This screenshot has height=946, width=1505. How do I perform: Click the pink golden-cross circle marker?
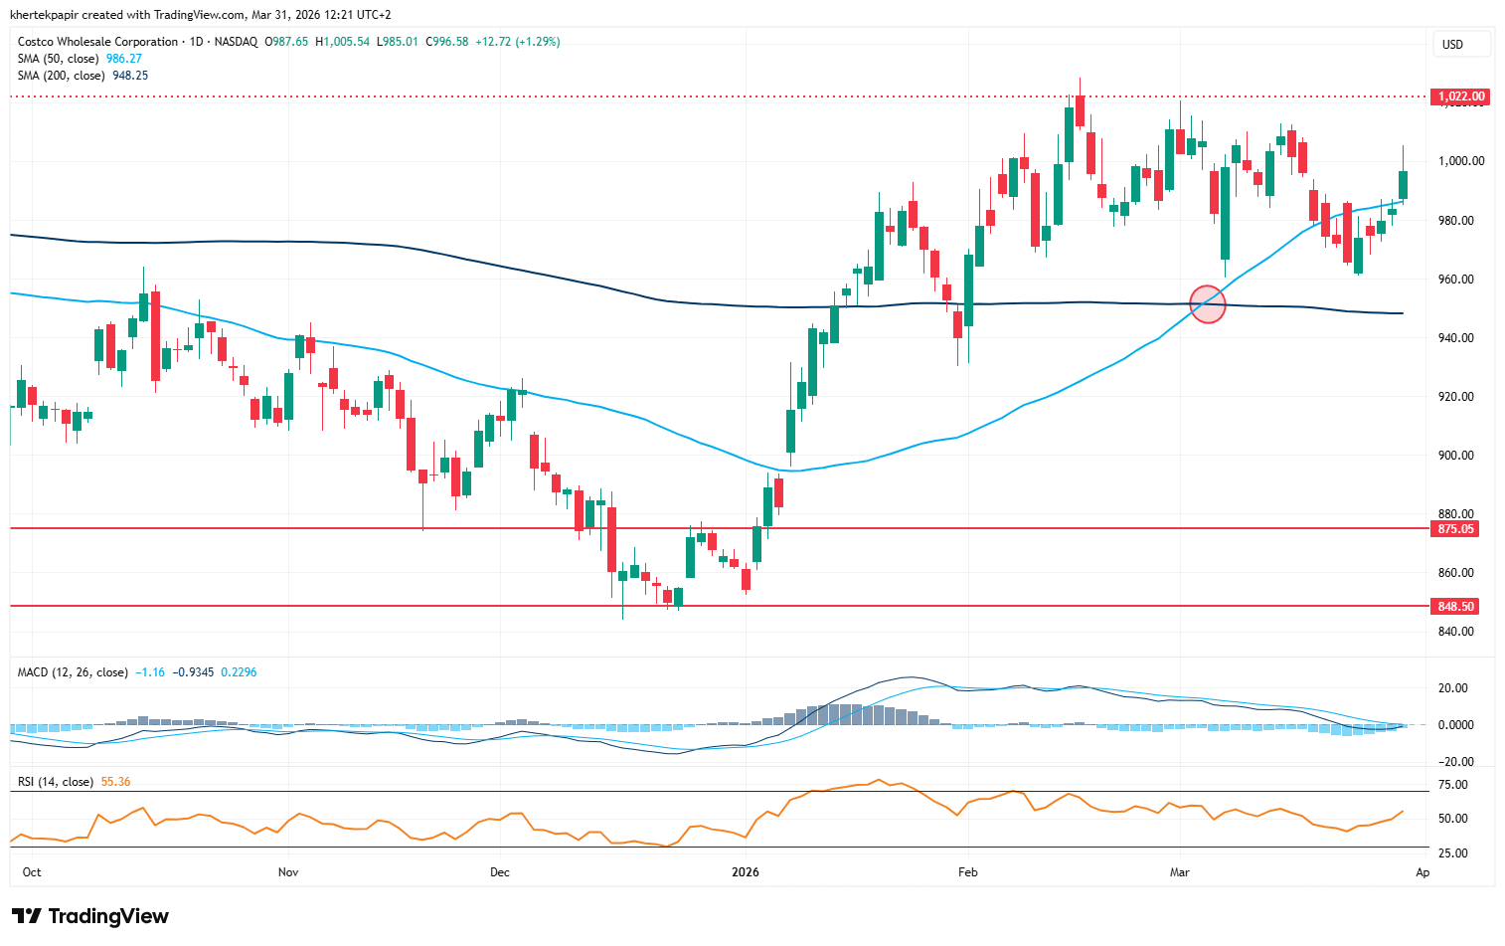coord(1208,304)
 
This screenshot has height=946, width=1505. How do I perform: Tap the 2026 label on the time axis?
coord(745,872)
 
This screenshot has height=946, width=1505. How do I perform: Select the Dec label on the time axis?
coord(499,872)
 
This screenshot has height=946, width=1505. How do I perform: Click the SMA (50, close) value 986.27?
coord(124,59)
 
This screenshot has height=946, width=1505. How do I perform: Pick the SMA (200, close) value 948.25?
coord(130,76)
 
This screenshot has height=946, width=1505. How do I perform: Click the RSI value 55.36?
coord(115,782)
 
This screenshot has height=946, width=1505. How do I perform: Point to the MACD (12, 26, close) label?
coord(73,672)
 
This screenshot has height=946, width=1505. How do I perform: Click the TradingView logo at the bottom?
coord(90,916)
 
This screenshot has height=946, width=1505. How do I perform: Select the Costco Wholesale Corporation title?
coord(97,42)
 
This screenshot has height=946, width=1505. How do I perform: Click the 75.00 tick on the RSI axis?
coord(1452,785)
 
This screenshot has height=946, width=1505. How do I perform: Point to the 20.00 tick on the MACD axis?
coord(1452,688)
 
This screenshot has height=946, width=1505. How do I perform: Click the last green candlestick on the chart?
coord(1404,184)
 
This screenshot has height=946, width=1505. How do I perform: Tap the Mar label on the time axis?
coord(1179,872)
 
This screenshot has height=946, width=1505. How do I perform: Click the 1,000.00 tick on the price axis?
coord(1461,161)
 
